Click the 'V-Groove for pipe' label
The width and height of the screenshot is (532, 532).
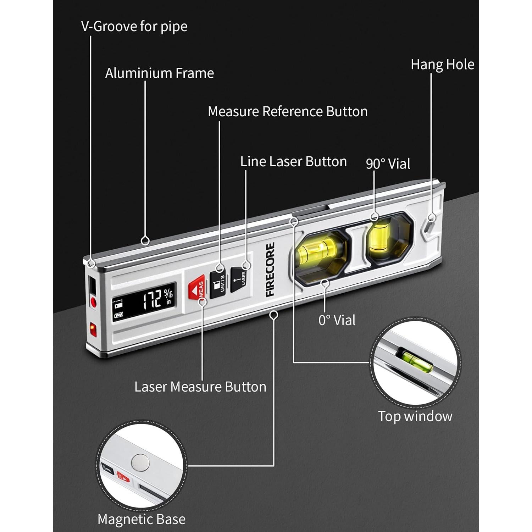click(x=134, y=27)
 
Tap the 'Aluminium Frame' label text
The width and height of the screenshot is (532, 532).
click(x=159, y=73)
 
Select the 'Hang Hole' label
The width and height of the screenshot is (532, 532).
click(x=442, y=65)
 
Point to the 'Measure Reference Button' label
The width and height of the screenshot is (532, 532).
click(x=287, y=111)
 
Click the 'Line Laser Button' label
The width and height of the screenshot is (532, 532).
click(x=293, y=162)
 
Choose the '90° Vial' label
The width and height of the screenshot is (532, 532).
click(x=388, y=164)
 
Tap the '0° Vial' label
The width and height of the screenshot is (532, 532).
click(x=337, y=320)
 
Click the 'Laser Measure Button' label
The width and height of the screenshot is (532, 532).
click(x=200, y=387)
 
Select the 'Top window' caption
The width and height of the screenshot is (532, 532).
click(x=415, y=416)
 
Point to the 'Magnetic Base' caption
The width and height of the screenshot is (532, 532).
click(x=141, y=519)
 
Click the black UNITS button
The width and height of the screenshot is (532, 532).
click(x=218, y=284)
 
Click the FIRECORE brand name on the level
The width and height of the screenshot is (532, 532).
click(x=270, y=270)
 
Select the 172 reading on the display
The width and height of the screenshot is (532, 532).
click(x=153, y=300)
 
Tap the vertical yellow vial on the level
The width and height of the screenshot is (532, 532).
click(x=379, y=237)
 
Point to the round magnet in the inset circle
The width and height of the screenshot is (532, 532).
click(x=139, y=462)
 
